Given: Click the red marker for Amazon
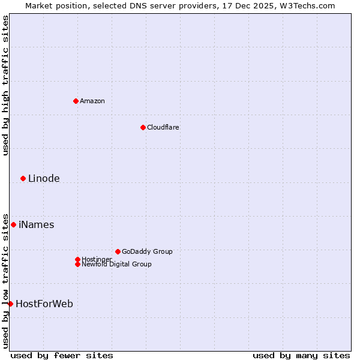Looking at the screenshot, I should click(x=76, y=101).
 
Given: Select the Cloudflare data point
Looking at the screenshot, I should click(x=143, y=127).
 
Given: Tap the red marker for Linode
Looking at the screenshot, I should click(x=23, y=178).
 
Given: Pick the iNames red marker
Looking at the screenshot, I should click(x=13, y=224).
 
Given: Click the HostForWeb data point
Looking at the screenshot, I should click(x=10, y=304).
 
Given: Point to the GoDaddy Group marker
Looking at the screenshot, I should click(x=118, y=251).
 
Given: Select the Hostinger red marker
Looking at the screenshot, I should click(x=77, y=259).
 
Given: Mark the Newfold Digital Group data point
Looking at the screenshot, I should click(x=77, y=264).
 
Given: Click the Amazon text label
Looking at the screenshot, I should click(x=92, y=101).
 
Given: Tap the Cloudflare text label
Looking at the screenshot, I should click(x=163, y=127).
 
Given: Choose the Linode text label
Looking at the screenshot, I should click(x=44, y=178).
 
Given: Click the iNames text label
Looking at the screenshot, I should click(x=36, y=224).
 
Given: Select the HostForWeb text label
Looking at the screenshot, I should click(x=44, y=304).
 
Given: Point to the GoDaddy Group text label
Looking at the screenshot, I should click(x=147, y=251).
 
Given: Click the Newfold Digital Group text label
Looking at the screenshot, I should click(x=116, y=264).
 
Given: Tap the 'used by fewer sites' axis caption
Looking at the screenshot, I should click(x=62, y=355).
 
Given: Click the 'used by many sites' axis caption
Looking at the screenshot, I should click(x=301, y=355).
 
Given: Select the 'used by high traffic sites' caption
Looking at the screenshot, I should click(x=6, y=85).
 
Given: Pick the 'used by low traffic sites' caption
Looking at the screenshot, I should click(x=6, y=280).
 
